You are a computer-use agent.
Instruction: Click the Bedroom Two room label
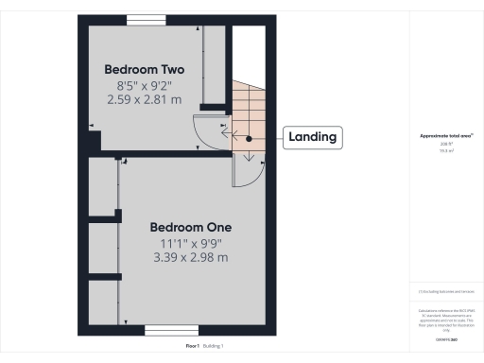click(x=144, y=70)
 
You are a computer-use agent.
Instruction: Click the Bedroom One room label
click(x=191, y=228)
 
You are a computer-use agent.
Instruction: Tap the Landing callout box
click(x=312, y=137)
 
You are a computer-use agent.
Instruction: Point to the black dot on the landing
click(x=249, y=138)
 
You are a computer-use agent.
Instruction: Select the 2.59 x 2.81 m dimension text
click(x=144, y=98)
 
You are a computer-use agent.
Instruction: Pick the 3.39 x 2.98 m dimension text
click(x=191, y=257)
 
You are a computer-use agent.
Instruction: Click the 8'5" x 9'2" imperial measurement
click(x=144, y=84)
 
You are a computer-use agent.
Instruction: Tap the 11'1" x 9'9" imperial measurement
click(x=191, y=243)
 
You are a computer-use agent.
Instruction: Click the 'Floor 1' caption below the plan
click(x=193, y=347)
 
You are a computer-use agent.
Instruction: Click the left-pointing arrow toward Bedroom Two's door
click(x=227, y=134)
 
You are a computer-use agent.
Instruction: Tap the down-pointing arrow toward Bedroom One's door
click(x=235, y=157)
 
